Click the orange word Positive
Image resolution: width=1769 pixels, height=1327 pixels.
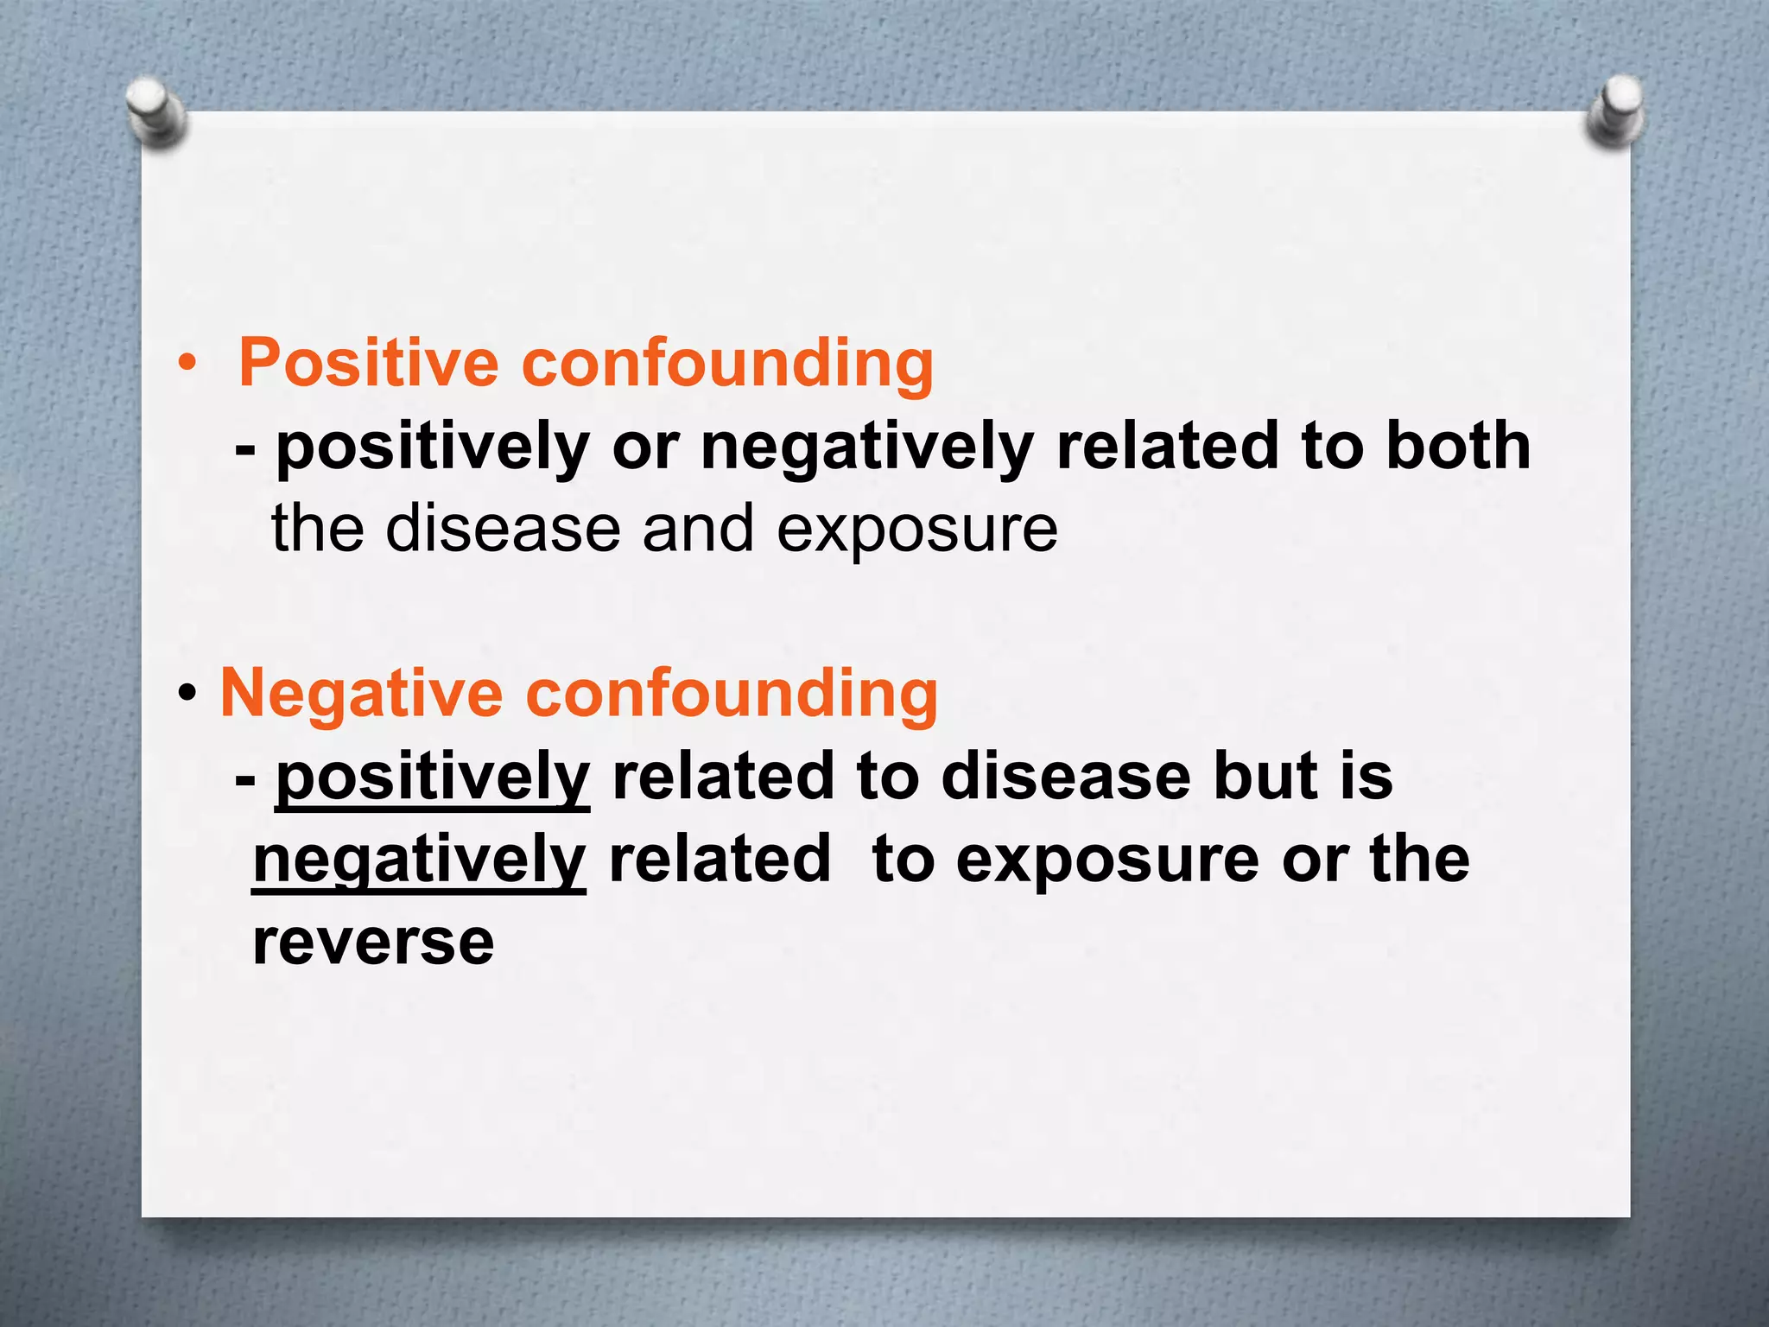(x=368, y=362)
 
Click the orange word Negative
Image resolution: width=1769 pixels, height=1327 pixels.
(x=361, y=693)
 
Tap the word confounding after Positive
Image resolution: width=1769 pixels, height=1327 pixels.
(x=727, y=362)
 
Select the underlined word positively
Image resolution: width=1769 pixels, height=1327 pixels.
(x=432, y=777)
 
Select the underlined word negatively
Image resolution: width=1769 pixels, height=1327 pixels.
(x=419, y=860)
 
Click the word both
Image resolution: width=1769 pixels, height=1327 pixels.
(x=1458, y=446)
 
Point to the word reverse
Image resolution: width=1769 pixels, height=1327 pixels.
(x=373, y=942)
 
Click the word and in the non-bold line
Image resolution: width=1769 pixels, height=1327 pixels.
(x=698, y=529)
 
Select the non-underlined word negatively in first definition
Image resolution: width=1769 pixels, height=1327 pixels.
(x=866, y=446)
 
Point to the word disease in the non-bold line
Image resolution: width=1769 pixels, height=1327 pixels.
(x=503, y=529)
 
